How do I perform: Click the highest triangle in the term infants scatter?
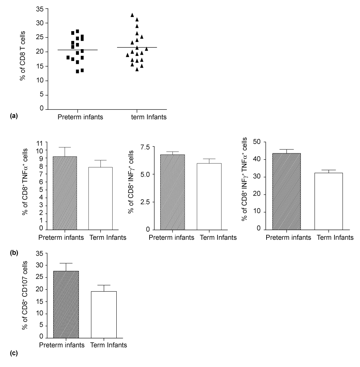point(132,15)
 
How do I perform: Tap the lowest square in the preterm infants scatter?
point(78,71)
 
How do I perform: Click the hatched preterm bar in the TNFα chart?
point(65,193)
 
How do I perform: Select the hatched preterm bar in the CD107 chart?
point(66,304)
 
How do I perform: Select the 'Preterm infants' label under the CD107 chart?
point(62,345)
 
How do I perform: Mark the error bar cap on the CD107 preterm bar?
point(66,263)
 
